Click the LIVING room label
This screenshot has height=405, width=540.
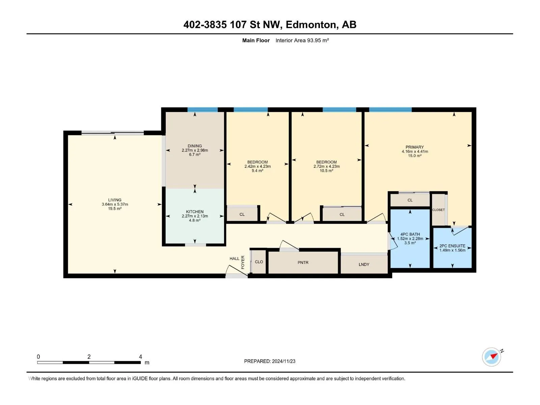click(x=115, y=200)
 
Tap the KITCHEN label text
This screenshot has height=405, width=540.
click(x=195, y=212)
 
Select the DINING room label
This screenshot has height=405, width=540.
click(x=195, y=146)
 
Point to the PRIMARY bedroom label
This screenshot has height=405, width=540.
click(x=414, y=147)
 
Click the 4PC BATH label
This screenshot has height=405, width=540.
click(x=410, y=234)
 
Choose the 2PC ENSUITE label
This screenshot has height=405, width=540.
click(x=452, y=246)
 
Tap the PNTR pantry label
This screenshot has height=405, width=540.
click(x=303, y=262)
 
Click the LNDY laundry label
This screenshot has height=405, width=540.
click(x=364, y=264)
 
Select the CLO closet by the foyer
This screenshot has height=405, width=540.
click(x=259, y=262)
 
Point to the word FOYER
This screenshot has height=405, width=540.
click(x=243, y=262)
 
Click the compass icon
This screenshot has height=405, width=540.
click(x=491, y=357)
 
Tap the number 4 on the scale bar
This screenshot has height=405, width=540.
click(x=140, y=356)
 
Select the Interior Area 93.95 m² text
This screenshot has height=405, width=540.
click(x=302, y=40)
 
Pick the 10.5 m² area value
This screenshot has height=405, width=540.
click(x=326, y=170)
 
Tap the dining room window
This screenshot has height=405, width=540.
click(x=202, y=109)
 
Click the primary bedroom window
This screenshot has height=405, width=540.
click(x=390, y=109)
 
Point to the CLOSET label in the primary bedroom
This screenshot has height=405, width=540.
click(x=438, y=210)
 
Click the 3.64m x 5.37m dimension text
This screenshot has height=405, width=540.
click(x=115, y=204)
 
